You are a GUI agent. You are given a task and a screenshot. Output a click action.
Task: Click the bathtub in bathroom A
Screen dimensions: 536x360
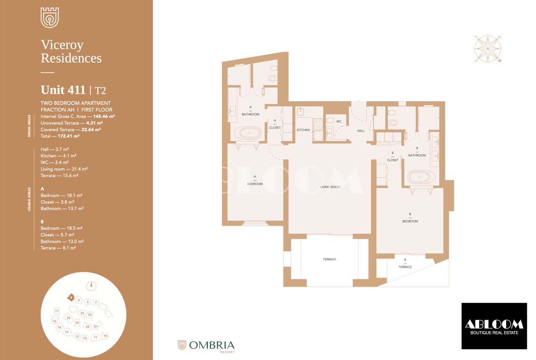click(x=247, y=133)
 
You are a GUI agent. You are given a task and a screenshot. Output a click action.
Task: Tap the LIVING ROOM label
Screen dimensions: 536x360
click(x=330, y=187)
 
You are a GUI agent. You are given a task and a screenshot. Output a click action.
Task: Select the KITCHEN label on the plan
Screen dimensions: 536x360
click(x=303, y=130)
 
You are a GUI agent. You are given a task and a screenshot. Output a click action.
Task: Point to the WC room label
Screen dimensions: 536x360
click(x=339, y=121)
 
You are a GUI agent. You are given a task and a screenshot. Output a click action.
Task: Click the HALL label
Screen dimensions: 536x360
click(x=361, y=131)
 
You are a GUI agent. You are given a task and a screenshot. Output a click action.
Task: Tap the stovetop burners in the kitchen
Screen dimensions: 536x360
click(x=318, y=124)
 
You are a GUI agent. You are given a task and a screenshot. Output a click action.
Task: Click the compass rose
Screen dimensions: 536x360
click(x=488, y=49)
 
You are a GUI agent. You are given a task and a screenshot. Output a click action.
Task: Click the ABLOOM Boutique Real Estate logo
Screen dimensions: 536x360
click(x=494, y=326)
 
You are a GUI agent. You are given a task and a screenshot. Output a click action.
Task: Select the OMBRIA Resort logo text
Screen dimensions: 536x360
click(x=212, y=346)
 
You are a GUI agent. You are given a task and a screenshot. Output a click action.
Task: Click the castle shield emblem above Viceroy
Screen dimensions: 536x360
click(x=49, y=18)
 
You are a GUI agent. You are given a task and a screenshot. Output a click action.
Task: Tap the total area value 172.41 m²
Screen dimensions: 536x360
click(x=68, y=136)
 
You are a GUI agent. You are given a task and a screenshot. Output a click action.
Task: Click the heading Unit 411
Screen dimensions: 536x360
click(x=63, y=90)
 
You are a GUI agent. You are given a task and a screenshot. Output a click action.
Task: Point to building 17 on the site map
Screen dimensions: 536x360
click(x=57, y=311)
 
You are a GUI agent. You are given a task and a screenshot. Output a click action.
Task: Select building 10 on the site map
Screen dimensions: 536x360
click(x=105, y=336)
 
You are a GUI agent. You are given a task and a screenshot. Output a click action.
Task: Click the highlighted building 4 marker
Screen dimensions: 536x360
click(x=71, y=298)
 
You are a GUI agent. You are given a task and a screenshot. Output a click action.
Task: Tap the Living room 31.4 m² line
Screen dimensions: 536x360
click(x=64, y=169)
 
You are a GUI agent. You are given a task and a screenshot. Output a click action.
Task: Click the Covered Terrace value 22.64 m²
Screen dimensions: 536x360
click(x=91, y=130)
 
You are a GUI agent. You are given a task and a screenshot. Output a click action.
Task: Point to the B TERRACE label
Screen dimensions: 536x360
click(x=405, y=263)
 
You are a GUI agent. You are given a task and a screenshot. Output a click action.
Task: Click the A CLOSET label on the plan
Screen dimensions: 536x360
click(x=275, y=124)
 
